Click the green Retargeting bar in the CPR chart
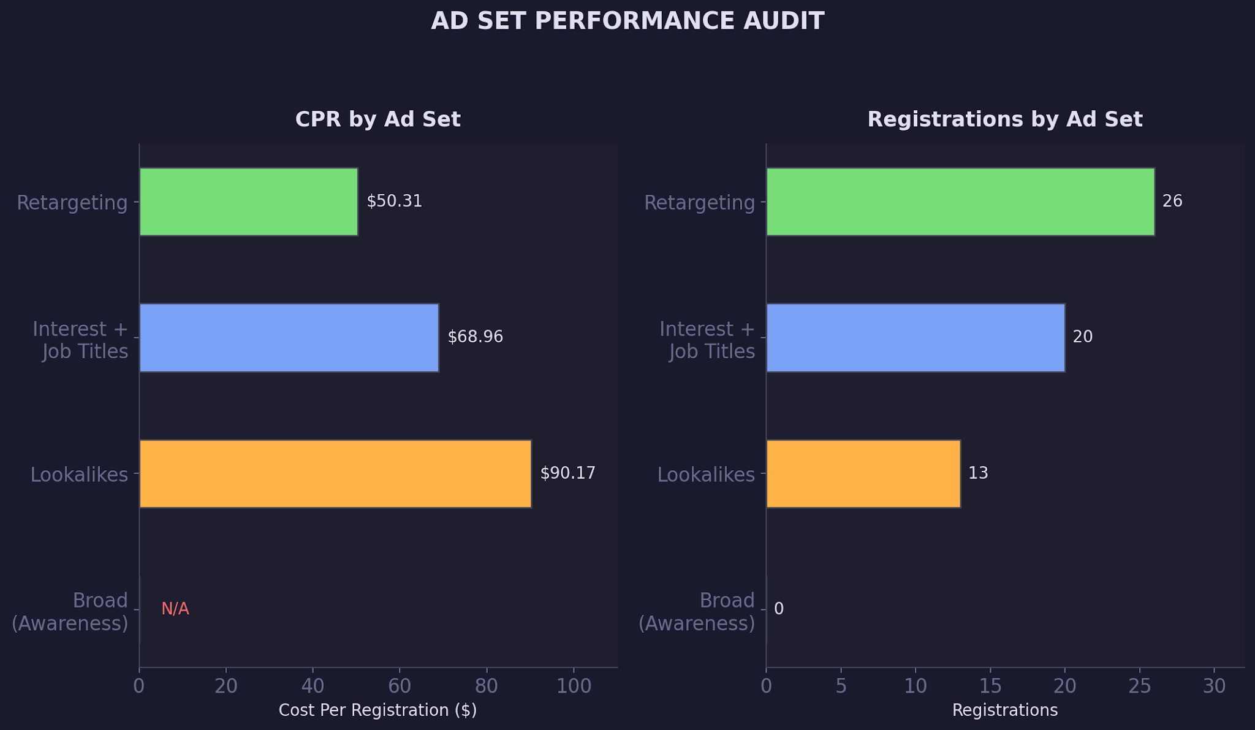(248, 201)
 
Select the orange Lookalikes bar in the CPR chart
(335, 473)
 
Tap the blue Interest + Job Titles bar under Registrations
(915, 337)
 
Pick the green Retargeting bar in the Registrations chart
(960, 201)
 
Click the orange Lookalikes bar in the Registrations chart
(863, 473)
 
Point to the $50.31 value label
(395, 201)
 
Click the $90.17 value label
(567, 473)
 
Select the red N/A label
(175, 609)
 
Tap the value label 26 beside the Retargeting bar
(1172, 201)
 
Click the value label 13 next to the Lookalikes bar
(978, 473)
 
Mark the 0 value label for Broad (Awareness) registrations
(779, 609)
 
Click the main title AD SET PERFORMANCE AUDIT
(627, 21)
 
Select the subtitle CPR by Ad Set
(377, 119)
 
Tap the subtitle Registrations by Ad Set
(1005, 119)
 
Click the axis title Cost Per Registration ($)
(377, 710)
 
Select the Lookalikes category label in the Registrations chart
(706, 475)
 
